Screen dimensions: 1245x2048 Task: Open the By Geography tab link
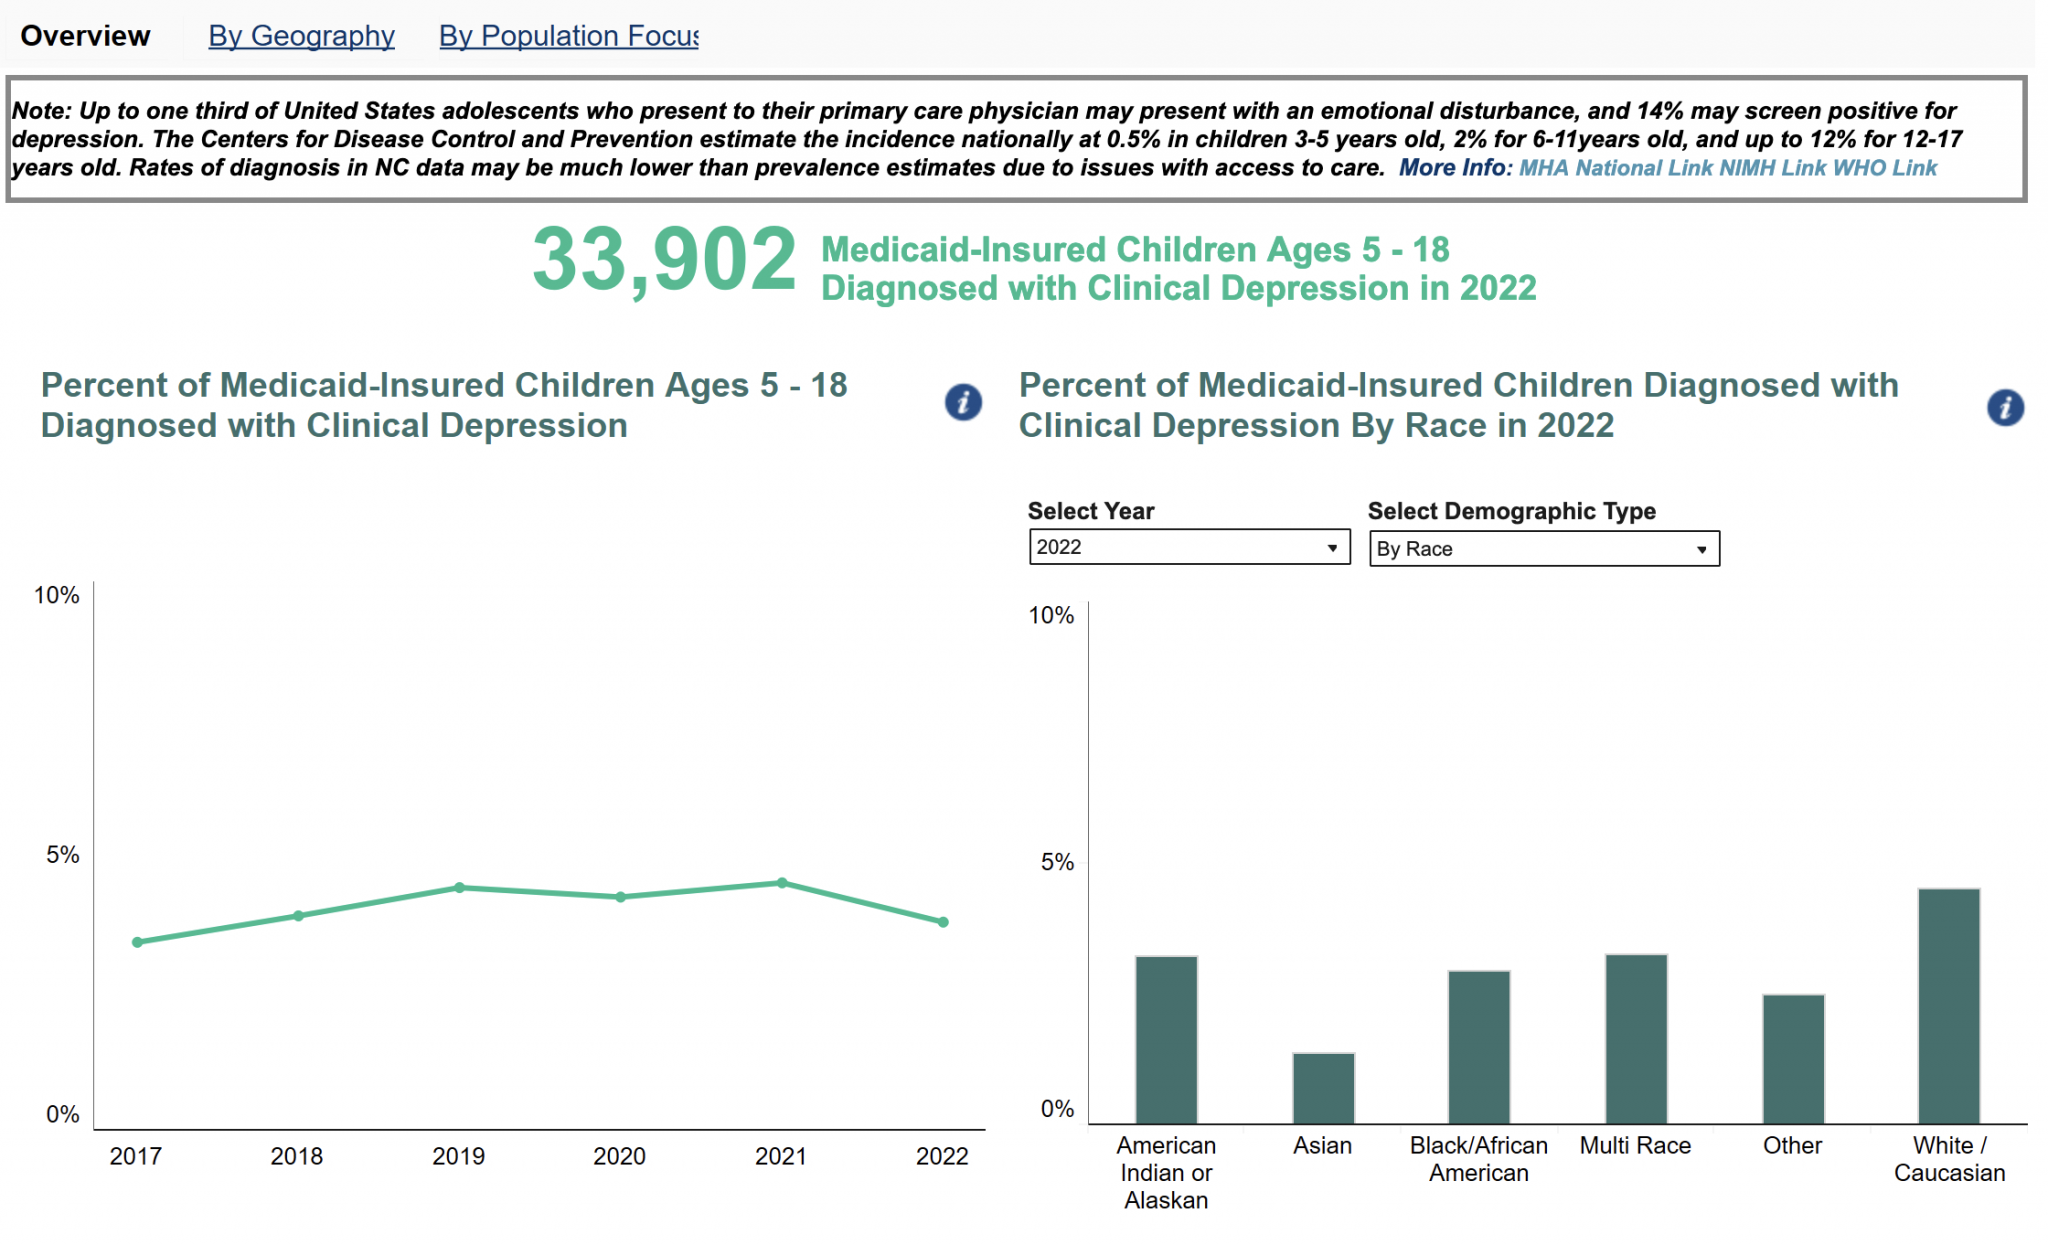[301, 36]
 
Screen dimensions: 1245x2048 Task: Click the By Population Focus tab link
[568, 36]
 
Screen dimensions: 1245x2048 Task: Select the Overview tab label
[85, 36]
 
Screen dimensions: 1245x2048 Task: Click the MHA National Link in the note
[1616, 168]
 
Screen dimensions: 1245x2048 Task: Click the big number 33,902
[664, 260]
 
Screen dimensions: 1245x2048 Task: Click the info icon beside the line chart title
[963, 403]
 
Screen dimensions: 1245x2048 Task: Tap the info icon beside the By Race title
[2005, 407]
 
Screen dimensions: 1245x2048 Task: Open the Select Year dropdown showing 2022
[1189, 547]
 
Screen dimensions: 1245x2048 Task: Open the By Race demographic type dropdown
[1543, 549]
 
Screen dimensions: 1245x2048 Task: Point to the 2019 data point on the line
[460, 887]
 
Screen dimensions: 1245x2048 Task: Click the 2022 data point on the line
[943, 922]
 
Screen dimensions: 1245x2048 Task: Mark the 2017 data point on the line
[138, 942]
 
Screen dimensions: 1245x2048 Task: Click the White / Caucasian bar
[1948, 1005]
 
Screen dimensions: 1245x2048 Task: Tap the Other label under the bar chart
[1792, 1146]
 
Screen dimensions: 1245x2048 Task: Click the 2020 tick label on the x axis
[619, 1157]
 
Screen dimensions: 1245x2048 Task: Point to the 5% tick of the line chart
[63, 855]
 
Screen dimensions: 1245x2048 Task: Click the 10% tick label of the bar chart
[1051, 616]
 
